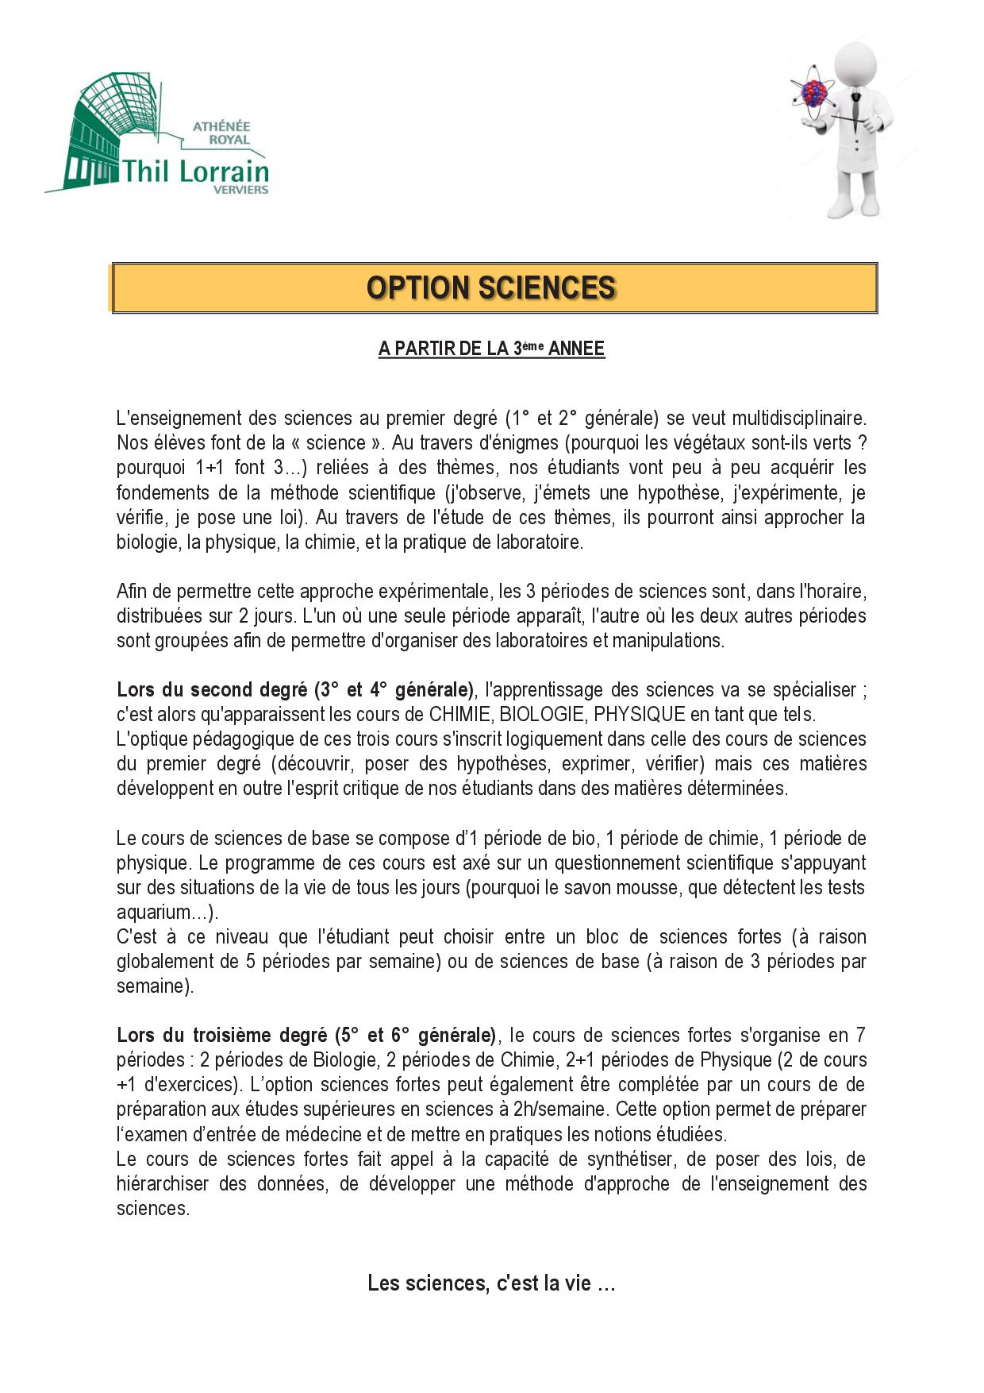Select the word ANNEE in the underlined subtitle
[576, 349]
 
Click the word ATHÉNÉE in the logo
[221, 126]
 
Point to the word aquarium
[155, 912]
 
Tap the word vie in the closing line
[577, 1283]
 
